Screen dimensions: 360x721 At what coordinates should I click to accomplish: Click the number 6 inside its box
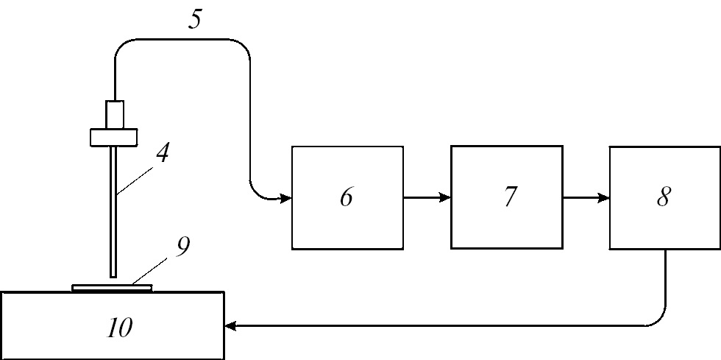[347, 197]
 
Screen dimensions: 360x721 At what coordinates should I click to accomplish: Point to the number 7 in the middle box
[509, 197]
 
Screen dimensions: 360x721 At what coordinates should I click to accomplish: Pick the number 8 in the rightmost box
[663, 197]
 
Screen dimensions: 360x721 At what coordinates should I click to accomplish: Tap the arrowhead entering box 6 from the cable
[285, 197]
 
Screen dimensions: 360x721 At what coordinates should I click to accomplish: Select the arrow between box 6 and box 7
[427, 197]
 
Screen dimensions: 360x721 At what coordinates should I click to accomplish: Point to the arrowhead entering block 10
[231, 325]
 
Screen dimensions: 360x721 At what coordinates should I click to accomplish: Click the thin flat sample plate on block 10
[112, 288]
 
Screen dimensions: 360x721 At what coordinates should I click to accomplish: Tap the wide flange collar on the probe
[114, 137]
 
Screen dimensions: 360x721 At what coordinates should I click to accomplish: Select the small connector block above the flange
[116, 113]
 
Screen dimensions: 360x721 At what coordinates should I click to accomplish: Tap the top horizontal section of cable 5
[180, 40]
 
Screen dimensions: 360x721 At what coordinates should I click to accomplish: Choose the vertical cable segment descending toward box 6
[249, 118]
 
